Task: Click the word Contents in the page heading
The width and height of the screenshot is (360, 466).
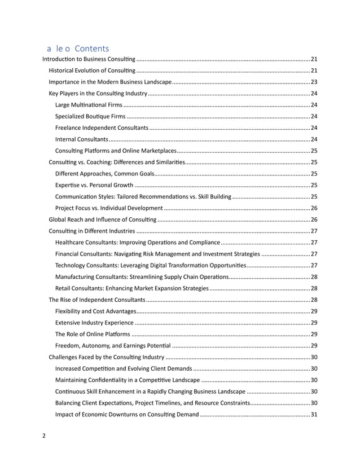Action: point(91,49)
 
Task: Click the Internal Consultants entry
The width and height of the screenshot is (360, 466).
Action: point(81,139)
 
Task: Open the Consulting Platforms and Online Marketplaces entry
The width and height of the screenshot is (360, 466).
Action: point(116,151)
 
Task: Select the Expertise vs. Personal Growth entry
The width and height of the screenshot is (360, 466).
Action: point(94,185)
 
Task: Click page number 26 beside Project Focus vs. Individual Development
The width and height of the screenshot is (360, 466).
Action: point(314,208)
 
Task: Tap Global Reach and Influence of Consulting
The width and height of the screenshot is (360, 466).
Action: point(103,219)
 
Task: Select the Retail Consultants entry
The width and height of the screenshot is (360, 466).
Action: point(131,288)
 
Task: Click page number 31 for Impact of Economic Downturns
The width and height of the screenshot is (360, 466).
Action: point(314,415)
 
